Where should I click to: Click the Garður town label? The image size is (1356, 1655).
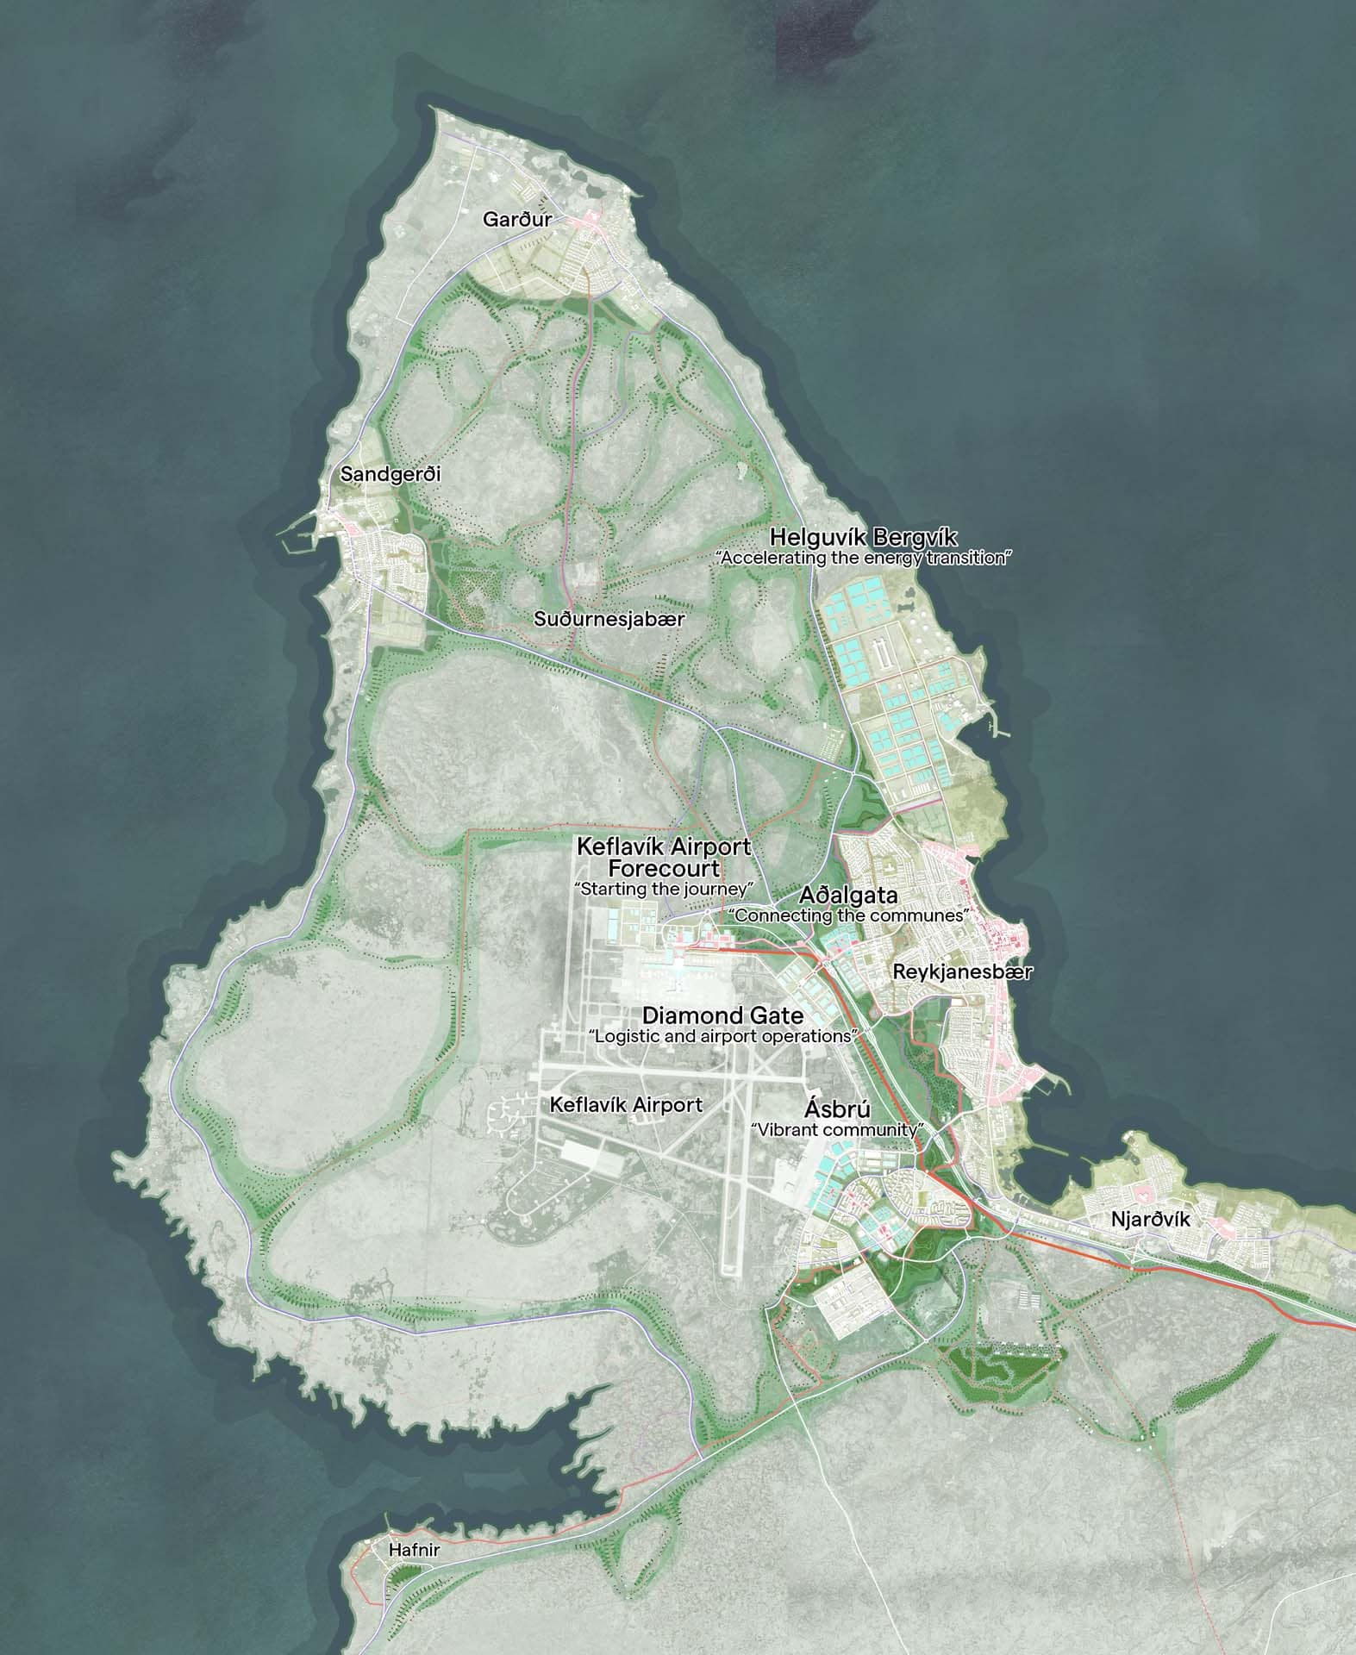(x=516, y=220)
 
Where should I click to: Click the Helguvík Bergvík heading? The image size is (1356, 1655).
(x=863, y=537)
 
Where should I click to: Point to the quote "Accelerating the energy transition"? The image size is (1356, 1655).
(x=863, y=558)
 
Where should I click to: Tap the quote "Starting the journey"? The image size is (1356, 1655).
(x=664, y=888)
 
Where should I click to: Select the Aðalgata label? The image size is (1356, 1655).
(x=849, y=895)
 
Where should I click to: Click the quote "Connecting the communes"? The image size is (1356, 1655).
(x=849, y=915)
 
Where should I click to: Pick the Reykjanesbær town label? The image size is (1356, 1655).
(x=962, y=971)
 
